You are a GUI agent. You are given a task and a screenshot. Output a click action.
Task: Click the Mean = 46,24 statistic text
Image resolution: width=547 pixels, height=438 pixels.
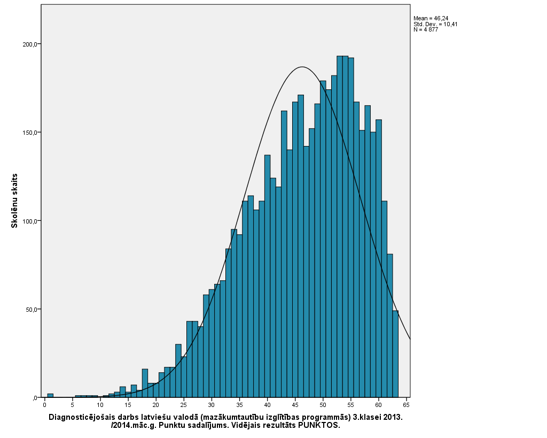pyautogui.click(x=431, y=18)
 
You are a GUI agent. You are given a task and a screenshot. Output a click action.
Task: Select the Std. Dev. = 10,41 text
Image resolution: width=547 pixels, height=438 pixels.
pyautogui.click(x=435, y=24)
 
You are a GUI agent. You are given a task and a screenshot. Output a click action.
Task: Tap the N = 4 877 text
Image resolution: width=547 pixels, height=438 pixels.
pyautogui.click(x=426, y=29)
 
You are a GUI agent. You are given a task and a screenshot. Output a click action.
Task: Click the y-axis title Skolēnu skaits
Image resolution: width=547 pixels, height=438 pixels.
pyautogui.click(x=15, y=201)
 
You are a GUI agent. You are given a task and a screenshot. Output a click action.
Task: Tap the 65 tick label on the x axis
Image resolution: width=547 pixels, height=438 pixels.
pyautogui.click(x=407, y=405)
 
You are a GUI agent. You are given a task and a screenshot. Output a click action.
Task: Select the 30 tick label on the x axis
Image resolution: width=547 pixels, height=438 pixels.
pyautogui.click(x=212, y=405)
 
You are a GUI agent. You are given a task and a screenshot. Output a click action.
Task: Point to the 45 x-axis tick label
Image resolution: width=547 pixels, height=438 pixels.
pyautogui.click(x=295, y=405)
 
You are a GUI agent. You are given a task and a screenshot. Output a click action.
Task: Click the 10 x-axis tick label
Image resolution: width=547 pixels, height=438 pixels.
pyautogui.click(x=100, y=405)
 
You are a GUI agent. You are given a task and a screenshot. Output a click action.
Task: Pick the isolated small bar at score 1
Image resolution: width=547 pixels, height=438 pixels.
pyautogui.click(x=50, y=396)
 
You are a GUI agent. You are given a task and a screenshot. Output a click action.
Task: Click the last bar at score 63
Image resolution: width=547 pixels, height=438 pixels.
pyautogui.click(x=395, y=354)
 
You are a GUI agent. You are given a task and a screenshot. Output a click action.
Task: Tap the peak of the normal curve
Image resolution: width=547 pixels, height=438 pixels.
pyautogui.click(x=302, y=67)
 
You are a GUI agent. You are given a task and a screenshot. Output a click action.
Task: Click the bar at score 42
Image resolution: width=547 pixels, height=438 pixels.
pyautogui.click(x=278, y=292)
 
